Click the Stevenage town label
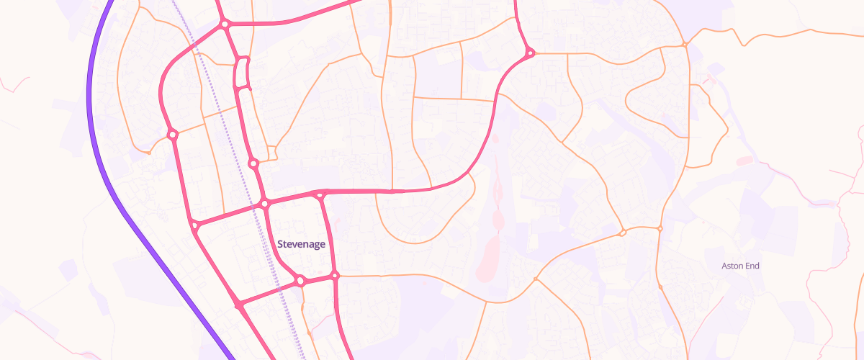[x=301, y=244]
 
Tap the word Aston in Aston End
[x=732, y=266]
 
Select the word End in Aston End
[x=752, y=266]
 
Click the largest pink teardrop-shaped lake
[x=488, y=258]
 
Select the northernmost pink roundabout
[x=225, y=24]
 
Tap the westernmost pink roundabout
[x=172, y=134]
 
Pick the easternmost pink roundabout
[x=530, y=52]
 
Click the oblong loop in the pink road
[x=243, y=72]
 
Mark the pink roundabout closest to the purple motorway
[x=194, y=226]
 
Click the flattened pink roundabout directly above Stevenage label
[x=321, y=194]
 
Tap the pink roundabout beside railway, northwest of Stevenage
[x=265, y=204]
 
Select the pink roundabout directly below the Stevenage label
[x=300, y=281]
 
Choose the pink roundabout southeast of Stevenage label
[x=335, y=276]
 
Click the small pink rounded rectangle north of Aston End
[x=744, y=159]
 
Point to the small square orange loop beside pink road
[x=272, y=152]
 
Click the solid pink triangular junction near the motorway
[x=239, y=306]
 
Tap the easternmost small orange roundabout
[x=685, y=45]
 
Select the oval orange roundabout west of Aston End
[x=623, y=233]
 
